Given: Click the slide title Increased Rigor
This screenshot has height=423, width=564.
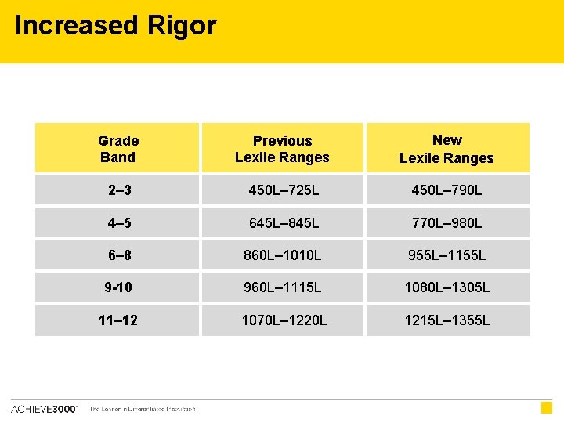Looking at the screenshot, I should (115, 26).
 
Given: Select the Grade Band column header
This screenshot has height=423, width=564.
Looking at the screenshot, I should (118, 149).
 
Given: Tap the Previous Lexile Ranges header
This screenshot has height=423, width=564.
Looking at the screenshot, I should (282, 149).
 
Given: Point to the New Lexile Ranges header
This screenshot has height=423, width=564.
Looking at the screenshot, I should (446, 149).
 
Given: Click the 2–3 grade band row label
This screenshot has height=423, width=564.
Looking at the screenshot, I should (118, 190).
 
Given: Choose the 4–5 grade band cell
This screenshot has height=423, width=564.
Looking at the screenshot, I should (118, 223).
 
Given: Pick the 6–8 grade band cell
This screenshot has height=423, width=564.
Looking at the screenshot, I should (118, 255).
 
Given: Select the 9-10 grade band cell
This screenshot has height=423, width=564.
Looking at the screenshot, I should (118, 287).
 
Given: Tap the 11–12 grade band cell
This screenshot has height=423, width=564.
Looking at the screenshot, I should (118, 320).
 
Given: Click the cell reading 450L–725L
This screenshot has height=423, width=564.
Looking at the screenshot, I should (284, 190).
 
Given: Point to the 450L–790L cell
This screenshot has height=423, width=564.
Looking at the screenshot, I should (447, 190).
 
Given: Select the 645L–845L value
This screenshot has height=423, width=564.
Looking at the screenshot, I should (284, 223).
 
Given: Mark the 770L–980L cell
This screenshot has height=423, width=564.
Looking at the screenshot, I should (447, 223).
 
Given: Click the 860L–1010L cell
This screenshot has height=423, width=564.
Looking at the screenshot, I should (284, 255).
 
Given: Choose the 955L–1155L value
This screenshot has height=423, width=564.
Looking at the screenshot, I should (447, 255).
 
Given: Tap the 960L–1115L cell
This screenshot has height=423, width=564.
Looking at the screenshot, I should (284, 287).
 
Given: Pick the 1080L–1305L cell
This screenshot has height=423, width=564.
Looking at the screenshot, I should (447, 287).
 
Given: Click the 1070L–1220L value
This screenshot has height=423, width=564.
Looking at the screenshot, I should (284, 320).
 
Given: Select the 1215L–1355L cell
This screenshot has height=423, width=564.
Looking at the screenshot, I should (447, 320).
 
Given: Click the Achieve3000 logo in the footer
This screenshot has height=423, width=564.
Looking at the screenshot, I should (44, 409).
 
